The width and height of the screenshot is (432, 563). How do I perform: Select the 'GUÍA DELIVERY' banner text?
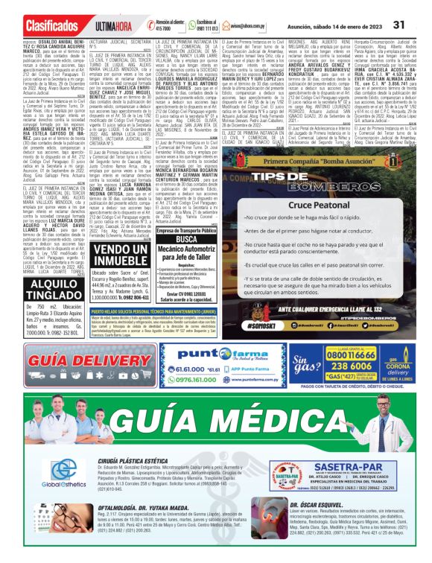click(71, 362)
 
